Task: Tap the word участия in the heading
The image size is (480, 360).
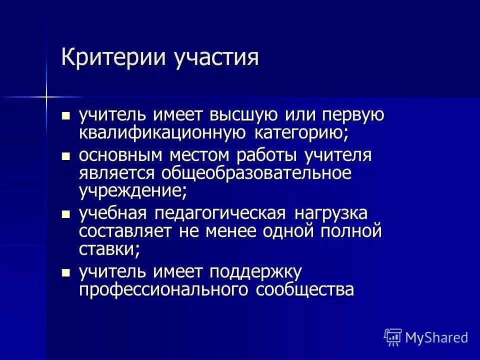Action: tap(216, 57)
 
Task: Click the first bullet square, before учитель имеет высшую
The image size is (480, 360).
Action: tap(65, 116)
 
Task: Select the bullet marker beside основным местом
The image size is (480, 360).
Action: tap(65, 156)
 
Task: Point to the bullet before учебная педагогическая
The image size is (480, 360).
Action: tap(65, 214)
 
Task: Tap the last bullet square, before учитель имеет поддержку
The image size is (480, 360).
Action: tap(65, 272)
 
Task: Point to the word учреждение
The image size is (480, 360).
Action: tap(133, 191)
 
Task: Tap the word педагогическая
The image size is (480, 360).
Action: tap(220, 214)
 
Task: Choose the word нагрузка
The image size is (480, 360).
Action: tap(330, 214)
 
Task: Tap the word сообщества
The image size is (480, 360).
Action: tap(305, 290)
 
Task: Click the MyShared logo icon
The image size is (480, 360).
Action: tap(393, 336)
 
